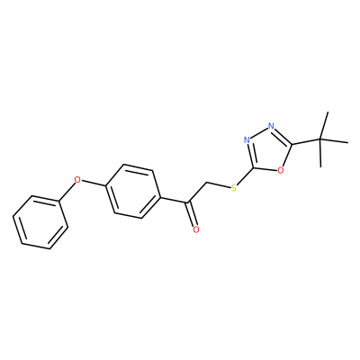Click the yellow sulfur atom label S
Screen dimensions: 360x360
[234, 188]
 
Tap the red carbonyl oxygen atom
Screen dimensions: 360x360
[196, 229]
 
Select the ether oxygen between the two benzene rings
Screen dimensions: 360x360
[77, 180]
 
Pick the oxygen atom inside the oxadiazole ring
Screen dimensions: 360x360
[281, 170]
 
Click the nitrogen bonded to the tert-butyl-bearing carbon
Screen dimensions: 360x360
[272, 125]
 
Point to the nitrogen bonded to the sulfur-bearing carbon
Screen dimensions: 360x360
[247, 139]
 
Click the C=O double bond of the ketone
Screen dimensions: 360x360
[192, 214]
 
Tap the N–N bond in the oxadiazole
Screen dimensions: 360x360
[259, 132]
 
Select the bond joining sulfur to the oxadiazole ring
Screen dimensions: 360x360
[246, 176]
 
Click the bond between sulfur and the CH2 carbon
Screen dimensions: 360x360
[218, 185]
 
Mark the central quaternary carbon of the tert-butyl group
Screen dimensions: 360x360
[320, 139]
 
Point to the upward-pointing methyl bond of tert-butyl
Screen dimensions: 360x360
[324, 126]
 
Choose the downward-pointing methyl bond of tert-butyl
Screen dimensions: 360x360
[320, 153]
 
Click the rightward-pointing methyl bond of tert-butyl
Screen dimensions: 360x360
[334, 141]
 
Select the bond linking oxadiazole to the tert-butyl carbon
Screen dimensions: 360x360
[306, 141]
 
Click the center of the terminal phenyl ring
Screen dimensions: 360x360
[40, 222]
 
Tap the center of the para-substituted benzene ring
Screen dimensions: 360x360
[132, 191]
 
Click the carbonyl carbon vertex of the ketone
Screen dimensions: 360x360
[188, 203]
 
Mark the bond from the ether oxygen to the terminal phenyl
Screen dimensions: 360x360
[67, 193]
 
